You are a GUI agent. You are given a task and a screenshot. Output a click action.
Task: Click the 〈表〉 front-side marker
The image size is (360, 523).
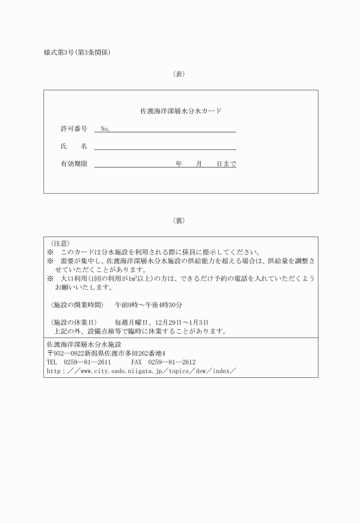pos(179,74)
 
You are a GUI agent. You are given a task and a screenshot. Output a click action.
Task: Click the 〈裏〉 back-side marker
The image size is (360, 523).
pos(179,221)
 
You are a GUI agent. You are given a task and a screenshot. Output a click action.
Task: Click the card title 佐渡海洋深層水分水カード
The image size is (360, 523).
pos(181,111)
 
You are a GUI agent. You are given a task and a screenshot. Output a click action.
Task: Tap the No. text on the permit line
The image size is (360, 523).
pos(105,129)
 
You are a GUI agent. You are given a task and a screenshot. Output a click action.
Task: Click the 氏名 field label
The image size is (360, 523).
pos(74,146)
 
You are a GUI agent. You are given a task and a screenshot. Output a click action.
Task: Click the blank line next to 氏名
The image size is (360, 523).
pos(165,147)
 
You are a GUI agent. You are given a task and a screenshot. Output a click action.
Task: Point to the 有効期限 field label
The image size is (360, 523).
pos(74,164)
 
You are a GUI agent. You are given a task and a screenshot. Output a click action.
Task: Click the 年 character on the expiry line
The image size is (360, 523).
pos(179,164)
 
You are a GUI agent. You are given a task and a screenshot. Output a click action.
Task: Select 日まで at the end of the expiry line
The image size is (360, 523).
pos(226,164)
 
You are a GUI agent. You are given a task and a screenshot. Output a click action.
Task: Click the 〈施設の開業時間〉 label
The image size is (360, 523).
pos(77,305)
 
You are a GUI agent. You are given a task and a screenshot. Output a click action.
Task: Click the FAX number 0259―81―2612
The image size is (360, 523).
pos(171,362)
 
